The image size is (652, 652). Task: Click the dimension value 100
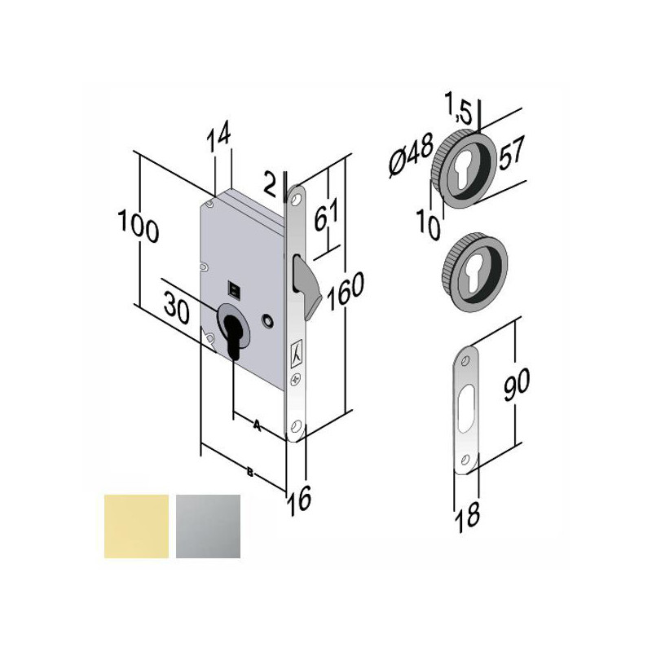tap(139, 227)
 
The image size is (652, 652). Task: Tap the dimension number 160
tap(346, 291)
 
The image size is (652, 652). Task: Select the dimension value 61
tap(327, 214)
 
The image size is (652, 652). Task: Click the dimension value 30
tap(177, 308)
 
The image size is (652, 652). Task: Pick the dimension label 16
tap(299, 500)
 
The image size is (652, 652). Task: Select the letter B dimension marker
tap(250, 472)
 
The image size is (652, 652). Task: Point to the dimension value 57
tap(512, 152)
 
